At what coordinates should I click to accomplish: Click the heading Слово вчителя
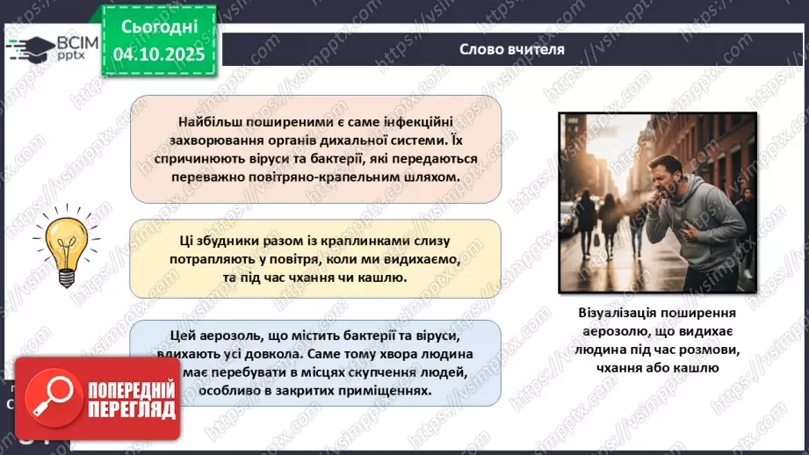click(x=512, y=48)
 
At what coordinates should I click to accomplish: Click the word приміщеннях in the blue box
click(x=392, y=392)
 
